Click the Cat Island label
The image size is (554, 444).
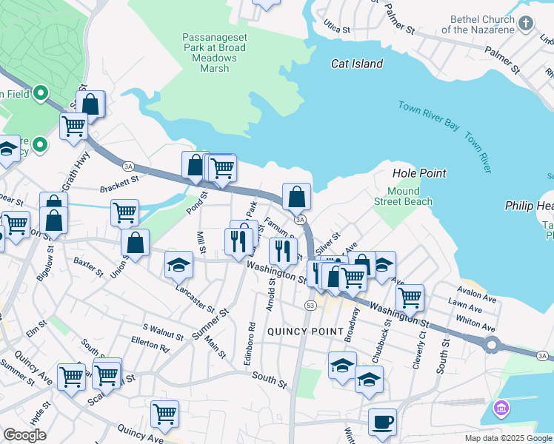[356, 64]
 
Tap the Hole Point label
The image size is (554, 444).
[418, 173]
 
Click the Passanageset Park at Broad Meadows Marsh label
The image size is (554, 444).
[211, 52]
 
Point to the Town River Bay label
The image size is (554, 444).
[429, 115]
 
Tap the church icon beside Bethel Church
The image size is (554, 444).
[525, 24]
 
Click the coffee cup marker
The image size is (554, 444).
[382, 422]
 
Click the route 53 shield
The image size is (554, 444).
[310, 305]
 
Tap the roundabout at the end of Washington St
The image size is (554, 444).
[491, 344]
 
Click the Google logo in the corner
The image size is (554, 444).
[24, 435]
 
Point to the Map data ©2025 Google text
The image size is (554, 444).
[508, 438]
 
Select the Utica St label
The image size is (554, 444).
[336, 28]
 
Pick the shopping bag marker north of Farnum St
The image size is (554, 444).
[296, 197]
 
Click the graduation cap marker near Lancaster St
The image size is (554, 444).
[178, 265]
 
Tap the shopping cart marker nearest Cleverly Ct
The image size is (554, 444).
[410, 297]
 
